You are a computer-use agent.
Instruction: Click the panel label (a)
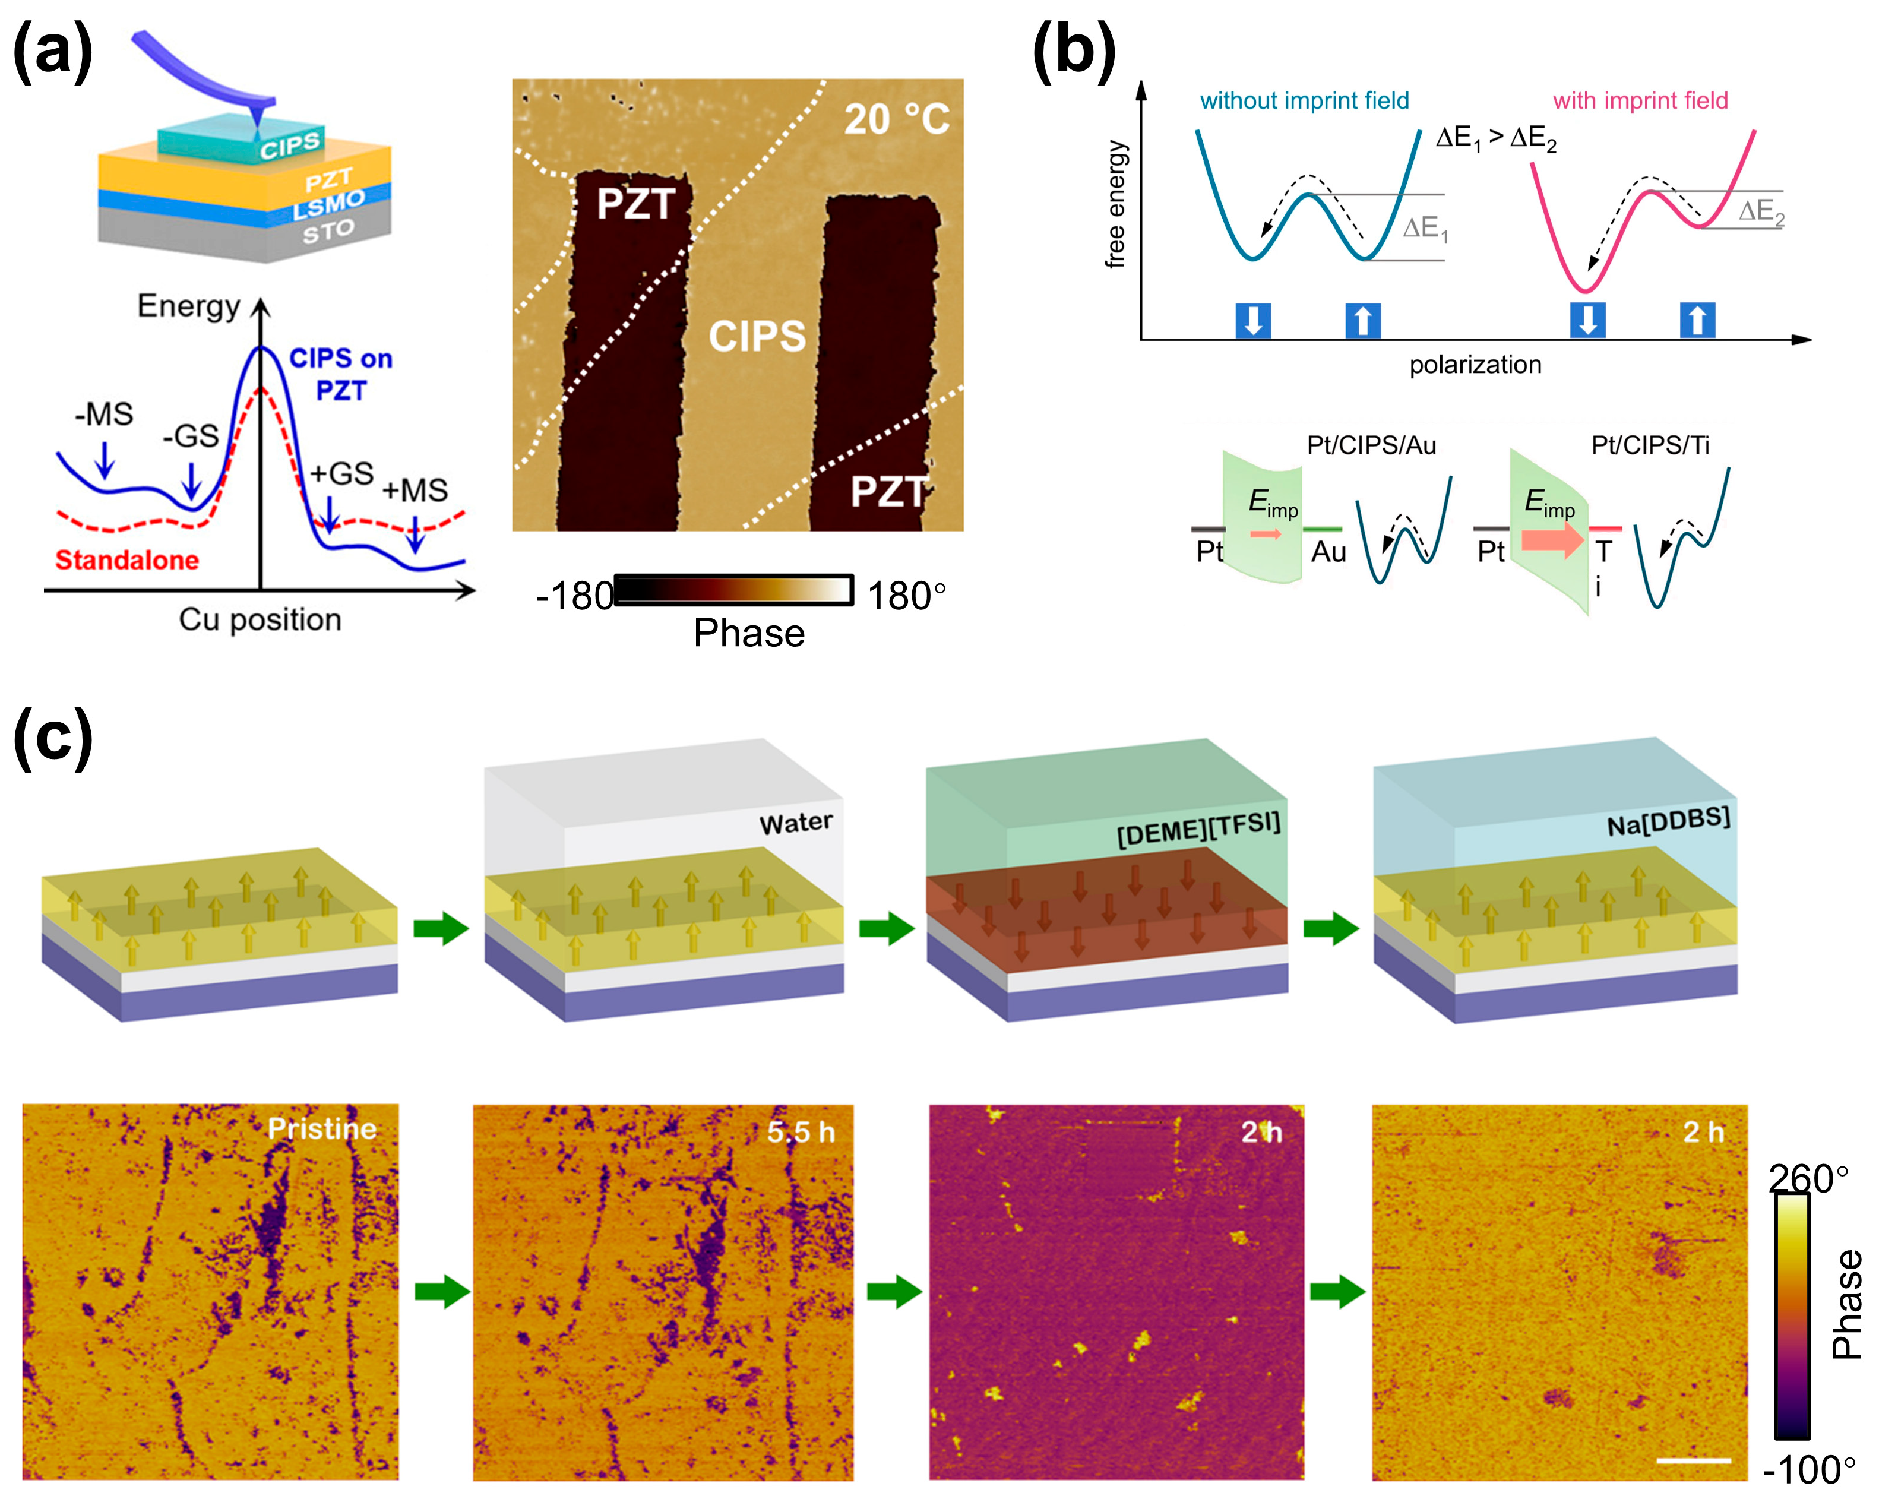click(x=52, y=50)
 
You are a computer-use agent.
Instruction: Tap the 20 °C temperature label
click(x=896, y=119)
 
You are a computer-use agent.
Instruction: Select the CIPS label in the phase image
click(x=757, y=336)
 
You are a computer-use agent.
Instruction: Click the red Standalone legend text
click(x=126, y=559)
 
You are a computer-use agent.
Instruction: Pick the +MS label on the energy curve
click(x=415, y=490)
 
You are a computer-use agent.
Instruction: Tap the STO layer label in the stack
click(x=328, y=232)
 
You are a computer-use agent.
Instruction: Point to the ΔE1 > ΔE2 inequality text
click(x=1495, y=138)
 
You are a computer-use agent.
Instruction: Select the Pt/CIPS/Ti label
click(x=1650, y=445)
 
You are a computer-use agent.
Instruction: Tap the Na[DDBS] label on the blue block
click(x=1668, y=821)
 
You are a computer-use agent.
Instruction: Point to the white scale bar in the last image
click(x=1693, y=1460)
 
